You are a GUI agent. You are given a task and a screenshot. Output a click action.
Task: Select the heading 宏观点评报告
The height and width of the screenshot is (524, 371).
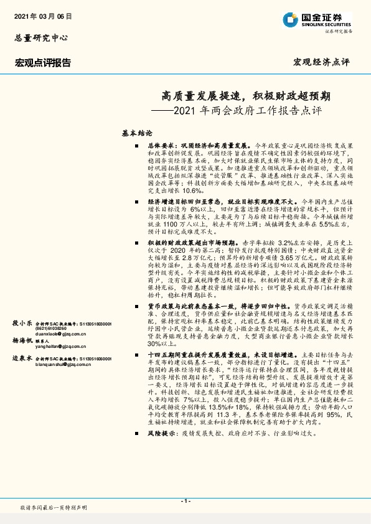click(43, 63)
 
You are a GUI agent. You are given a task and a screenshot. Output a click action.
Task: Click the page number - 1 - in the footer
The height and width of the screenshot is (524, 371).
click(185, 502)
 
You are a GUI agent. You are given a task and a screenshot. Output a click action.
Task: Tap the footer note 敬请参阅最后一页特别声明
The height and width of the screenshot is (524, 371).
click(54, 508)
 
